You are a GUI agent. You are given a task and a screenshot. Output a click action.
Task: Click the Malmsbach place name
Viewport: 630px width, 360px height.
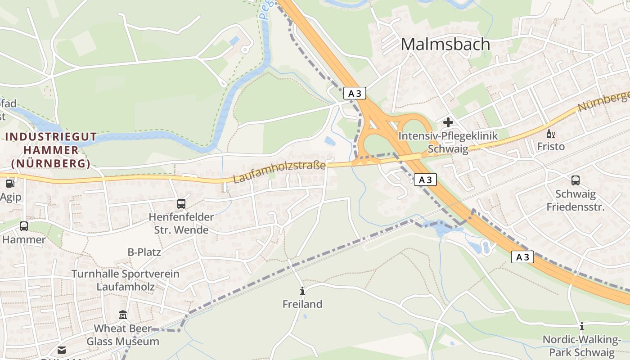445,44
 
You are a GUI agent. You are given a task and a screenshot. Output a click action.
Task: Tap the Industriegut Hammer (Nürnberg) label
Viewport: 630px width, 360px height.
51,150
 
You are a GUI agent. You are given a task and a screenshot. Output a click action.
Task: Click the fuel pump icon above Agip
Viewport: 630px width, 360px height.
10,183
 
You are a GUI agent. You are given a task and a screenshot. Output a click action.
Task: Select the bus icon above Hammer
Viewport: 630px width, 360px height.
24,226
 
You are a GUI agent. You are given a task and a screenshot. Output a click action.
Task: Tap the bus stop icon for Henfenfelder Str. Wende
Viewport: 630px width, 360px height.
181,204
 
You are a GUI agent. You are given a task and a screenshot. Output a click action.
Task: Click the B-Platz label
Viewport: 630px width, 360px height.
144,252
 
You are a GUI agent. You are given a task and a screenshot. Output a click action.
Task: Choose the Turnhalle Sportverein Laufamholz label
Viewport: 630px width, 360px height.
126,280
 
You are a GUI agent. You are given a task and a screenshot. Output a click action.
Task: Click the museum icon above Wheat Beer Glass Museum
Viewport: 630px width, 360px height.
123,315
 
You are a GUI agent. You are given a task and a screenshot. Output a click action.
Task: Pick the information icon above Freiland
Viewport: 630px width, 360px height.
302,291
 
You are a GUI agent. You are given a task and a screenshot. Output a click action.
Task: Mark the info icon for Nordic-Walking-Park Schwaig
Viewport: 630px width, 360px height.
581,326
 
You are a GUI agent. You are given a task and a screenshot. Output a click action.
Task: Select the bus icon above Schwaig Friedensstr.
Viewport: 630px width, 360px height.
575,180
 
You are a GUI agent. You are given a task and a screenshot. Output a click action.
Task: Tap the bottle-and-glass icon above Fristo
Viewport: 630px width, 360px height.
550,134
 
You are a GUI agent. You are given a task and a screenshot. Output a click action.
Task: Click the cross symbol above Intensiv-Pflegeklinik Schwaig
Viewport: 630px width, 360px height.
448,122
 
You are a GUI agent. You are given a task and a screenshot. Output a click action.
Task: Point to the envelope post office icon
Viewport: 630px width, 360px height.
62,350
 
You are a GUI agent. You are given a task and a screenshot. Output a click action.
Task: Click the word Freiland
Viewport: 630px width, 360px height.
302,304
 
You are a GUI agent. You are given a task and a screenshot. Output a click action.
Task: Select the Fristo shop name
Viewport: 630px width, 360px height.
551,147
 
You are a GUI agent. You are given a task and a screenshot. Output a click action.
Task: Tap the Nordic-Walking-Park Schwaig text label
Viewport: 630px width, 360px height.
581,346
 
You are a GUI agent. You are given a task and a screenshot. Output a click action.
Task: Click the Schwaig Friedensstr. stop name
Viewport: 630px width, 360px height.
576,200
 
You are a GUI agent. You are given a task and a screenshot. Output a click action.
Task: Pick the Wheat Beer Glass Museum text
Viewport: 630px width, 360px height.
123,335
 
